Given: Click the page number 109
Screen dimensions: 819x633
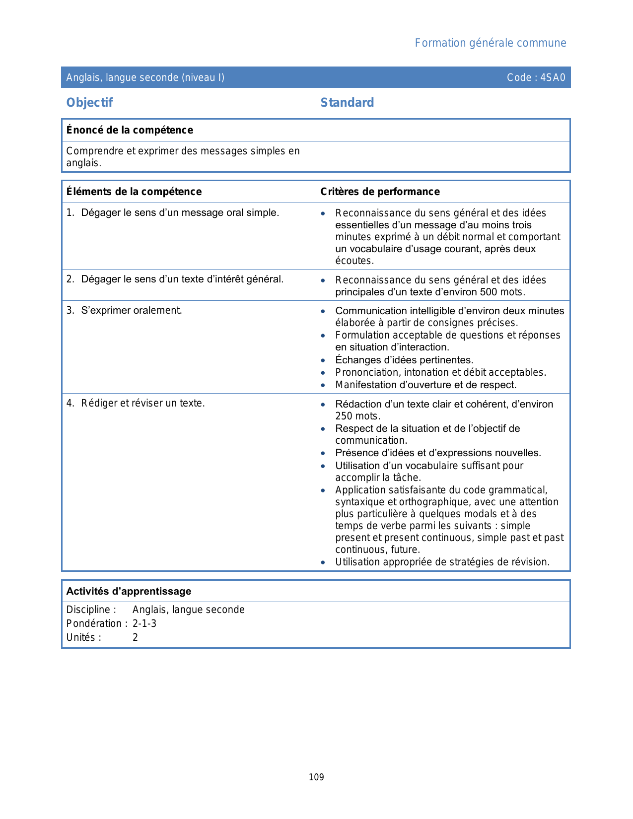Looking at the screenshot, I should pyautogui.click(x=316, y=777).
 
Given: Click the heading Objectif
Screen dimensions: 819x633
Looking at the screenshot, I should pyautogui.click(x=89, y=103).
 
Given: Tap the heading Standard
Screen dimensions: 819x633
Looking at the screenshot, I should pyautogui.click(x=347, y=103).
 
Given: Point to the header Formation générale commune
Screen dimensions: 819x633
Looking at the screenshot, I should pyautogui.click(x=490, y=43).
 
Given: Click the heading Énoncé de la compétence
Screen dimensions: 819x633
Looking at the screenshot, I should pyautogui.click(x=130, y=130).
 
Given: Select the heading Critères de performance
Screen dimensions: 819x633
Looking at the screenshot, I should pyautogui.click(x=380, y=192).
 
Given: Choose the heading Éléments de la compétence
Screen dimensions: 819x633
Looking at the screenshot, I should pyautogui.click(x=134, y=192).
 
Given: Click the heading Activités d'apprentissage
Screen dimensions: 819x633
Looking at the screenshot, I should pyautogui.click(x=129, y=591).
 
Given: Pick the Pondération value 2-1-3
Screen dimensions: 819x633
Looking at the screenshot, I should pyautogui.click(x=144, y=623).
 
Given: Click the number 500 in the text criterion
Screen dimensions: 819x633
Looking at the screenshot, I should pyautogui.click(x=489, y=292).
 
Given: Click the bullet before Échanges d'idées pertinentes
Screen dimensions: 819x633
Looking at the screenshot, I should pyautogui.click(x=323, y=360).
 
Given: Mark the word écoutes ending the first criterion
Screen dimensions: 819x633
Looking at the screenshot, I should pyautogui.click(x=353, y=261).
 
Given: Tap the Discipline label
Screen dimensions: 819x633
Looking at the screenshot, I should pyautogui.click(x=91, y=610).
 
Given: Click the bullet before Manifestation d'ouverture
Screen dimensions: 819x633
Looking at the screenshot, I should pyautogui.click(x=323, y=385).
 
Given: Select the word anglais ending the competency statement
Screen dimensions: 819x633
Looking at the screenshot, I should pyautogui.click(x=83, y=163).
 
